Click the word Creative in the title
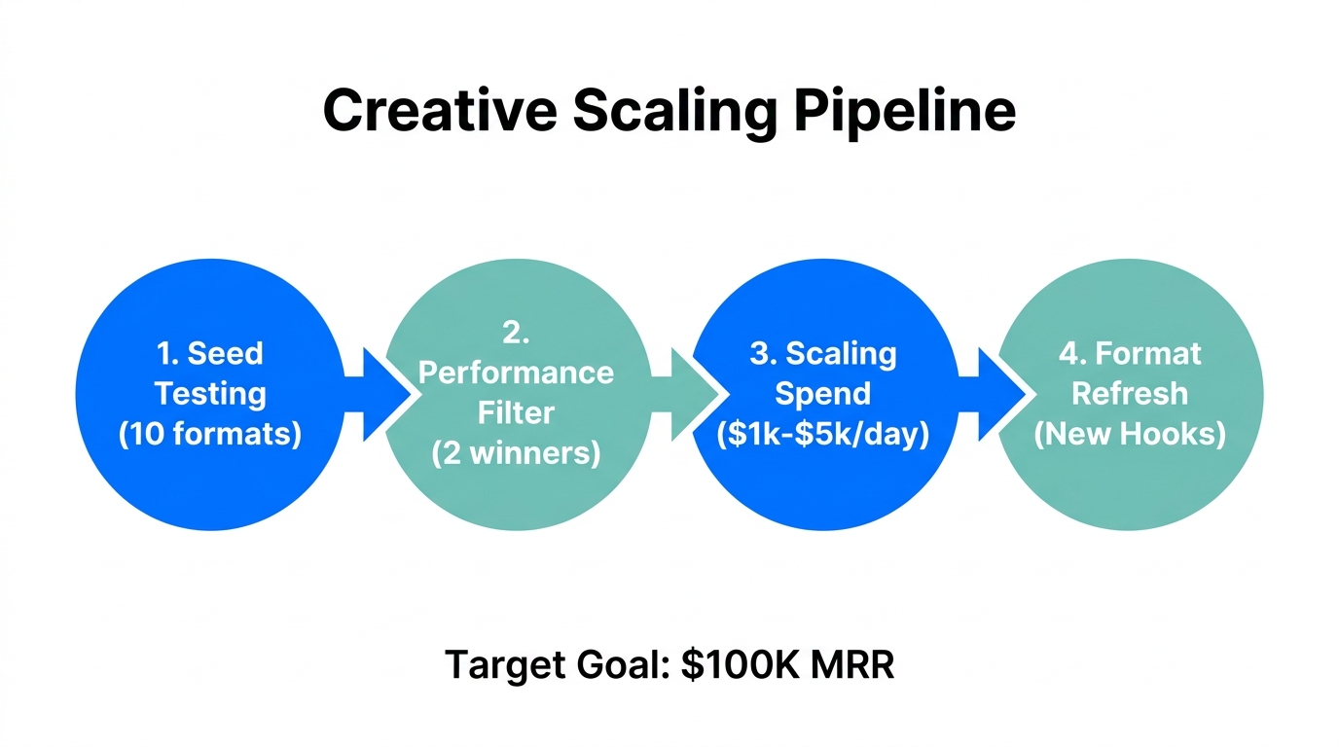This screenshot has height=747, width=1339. pyautogui.click(x=439, y=111)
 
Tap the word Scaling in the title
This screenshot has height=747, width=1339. pyautogui.click(x=675, y=111)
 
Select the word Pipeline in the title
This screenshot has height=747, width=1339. pyautogui.click(x=905, y=111)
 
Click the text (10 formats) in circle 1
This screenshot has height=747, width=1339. pyautogui.click(x=210, y=433)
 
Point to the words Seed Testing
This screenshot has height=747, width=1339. pyautogui.click(x=210, y=373)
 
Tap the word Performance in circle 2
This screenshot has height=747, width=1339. pyautogui.click(x=517, y=373)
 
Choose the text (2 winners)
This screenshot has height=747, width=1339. pyautogui.click(x=517, y=452)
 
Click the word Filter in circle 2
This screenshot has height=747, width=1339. pyautogui.click(x=517, y=412)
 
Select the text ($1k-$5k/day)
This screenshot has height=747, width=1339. pyautogui.click(x=823, y=434)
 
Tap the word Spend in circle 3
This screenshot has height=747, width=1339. pyautogui.click(x=823, y=394)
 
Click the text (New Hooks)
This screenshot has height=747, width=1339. pyautogui.click(x=1130, y=433)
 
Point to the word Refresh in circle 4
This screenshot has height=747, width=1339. pyautogui.click(x=1130, y=393)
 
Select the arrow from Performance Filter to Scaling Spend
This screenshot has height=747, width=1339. pyautogui.click(x=690, y=395)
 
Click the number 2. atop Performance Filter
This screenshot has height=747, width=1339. pyautogui.click(x=517, y=334)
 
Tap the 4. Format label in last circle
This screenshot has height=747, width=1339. pyautogui.click(x=1130, y=353)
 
